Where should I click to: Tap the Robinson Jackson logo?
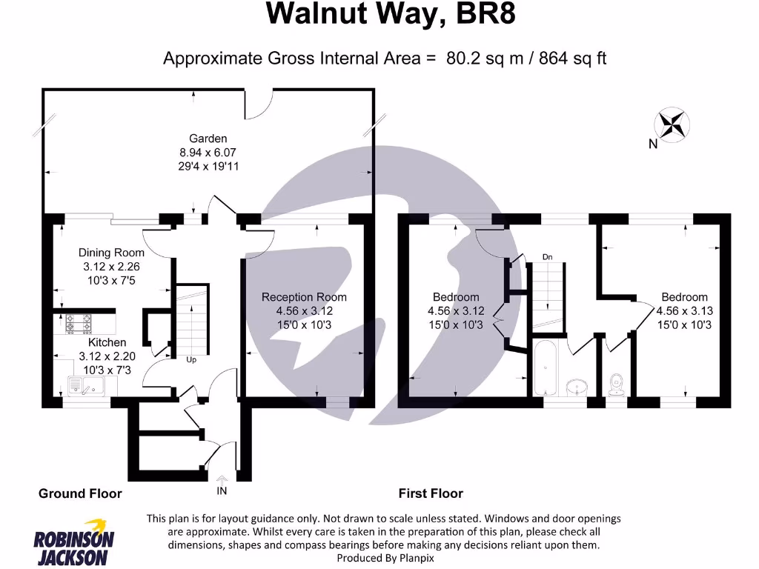73,548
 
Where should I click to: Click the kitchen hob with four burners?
79,324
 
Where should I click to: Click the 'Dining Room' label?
111,253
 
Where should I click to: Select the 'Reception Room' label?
304,297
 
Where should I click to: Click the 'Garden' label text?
208,139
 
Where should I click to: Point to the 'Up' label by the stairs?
191,359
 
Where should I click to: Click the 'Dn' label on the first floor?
548,257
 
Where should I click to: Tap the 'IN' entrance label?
222,491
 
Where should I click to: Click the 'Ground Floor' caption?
80,493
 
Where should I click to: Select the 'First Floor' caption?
431,493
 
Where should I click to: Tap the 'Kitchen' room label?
107,342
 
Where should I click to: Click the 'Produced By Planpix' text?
385,558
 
